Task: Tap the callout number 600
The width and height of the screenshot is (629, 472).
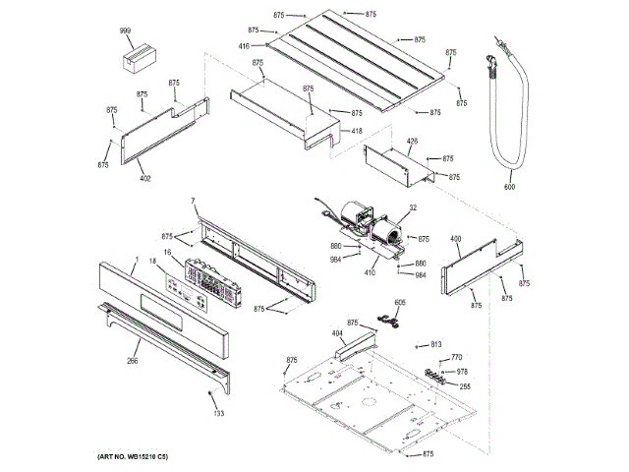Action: (509, 186)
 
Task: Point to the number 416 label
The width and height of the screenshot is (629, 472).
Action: (243, 46)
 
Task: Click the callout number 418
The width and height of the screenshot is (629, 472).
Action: (357, 132)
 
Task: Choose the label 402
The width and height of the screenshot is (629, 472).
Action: (144, 178)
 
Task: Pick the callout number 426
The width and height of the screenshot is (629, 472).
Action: (412, 141)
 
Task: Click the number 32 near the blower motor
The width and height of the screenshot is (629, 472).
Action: (413, 207)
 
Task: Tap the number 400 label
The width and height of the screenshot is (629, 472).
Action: (455, 239)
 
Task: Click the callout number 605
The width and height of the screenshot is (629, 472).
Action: (399, 303)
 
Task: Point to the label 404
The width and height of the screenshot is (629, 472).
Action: (337, 334)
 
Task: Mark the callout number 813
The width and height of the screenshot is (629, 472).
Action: (435, 345)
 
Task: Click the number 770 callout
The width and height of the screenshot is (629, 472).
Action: (456, 357)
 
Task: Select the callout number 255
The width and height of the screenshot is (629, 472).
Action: (464, 386)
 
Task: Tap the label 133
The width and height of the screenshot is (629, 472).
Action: (218, 413)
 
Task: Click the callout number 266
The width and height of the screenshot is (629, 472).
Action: (132, 361)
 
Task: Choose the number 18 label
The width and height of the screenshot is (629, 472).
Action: (152, 261)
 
